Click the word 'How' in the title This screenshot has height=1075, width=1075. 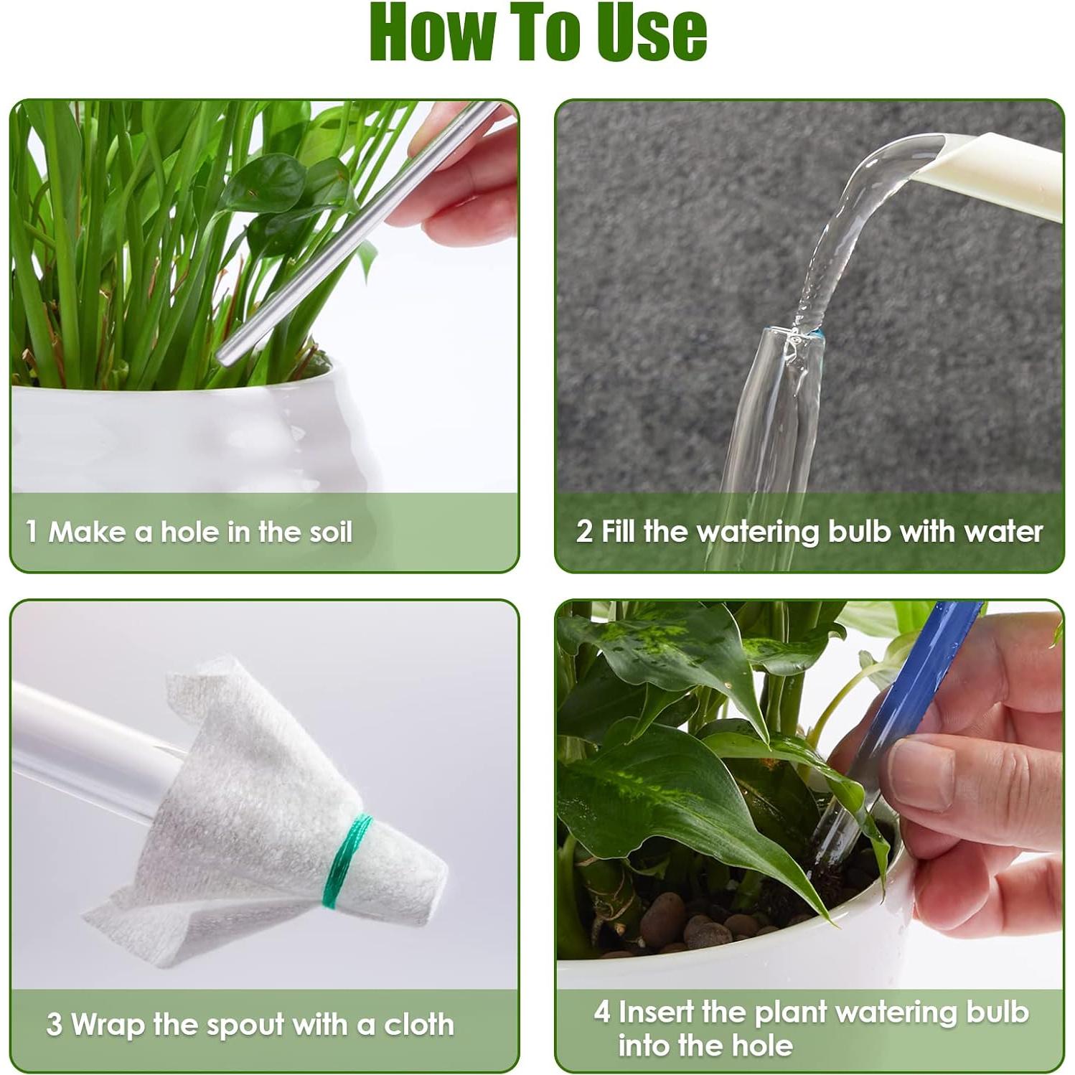click(x=430, y=32)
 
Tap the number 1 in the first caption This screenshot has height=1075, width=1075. click(x=32, y=532)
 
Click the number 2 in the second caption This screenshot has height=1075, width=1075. click(x=584, y=532)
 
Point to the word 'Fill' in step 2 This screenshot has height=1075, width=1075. click(x=619, y=532)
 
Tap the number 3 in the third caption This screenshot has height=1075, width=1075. click(x=54, y=1024)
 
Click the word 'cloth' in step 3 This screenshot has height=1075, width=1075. click(x=419, y=1024)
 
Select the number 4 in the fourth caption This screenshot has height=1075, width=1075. click(x=601, y=1012)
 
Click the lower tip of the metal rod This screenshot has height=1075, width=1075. click(x=224, y=357)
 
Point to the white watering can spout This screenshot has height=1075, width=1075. click(x=997, y=172)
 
